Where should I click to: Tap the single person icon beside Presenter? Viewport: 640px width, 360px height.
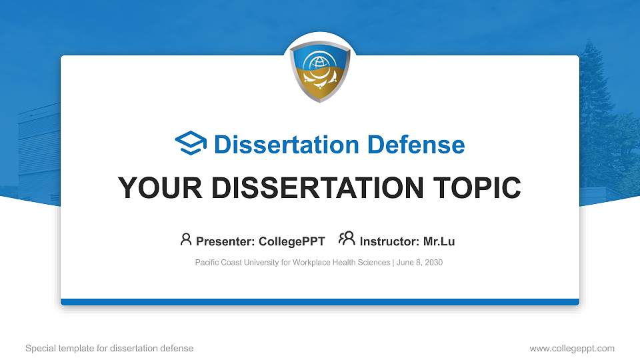tap(186, 239)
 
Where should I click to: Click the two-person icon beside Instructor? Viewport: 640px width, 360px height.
tap(347, 239)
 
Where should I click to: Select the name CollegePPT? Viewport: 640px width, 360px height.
tap(292, 241)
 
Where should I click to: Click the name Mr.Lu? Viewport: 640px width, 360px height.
tap(439, 241)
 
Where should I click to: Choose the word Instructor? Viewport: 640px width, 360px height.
tap(389, 241)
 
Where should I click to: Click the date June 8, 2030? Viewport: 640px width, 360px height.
tap(419, 263)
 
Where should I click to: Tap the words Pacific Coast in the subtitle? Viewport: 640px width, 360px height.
tap(217, 263)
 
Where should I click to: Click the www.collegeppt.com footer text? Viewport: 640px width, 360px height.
tap(572, 348)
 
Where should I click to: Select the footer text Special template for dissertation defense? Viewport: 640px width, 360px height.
tap(109, 348)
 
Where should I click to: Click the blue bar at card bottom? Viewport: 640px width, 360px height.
tap(320, 302)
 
